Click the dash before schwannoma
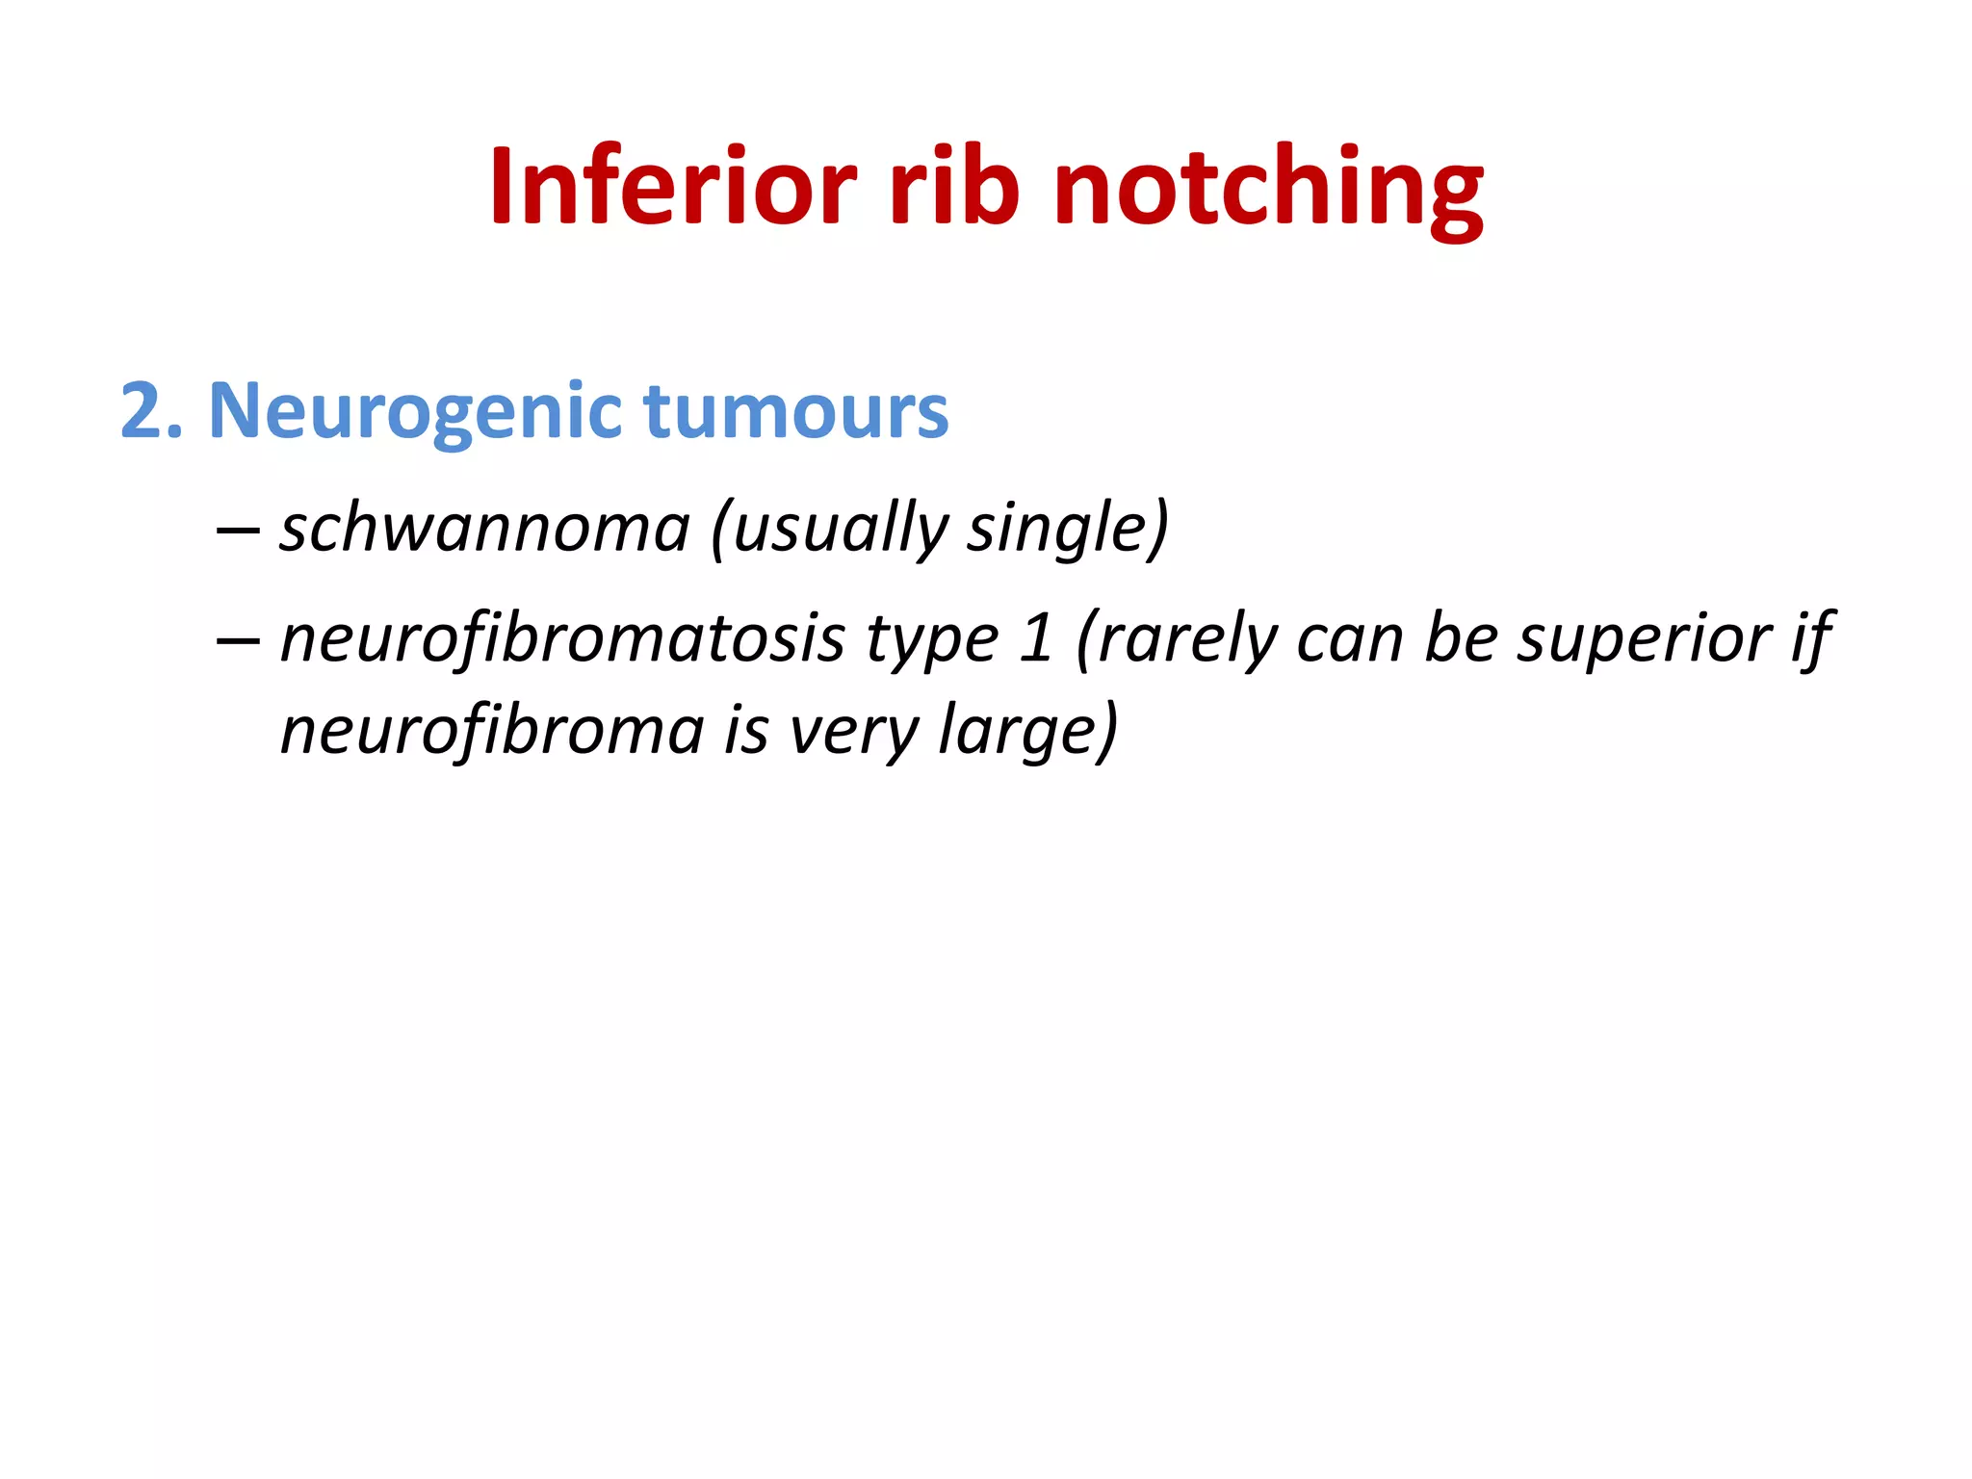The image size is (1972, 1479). [x=237, y=530]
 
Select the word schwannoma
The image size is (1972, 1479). [x=485, y=529]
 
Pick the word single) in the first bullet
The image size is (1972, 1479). [x=1068, y=529]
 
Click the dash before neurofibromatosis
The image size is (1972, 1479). [x=237, y=639]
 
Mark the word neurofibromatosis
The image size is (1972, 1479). [x=563, y=639]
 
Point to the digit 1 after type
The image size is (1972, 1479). [x=1036, y=639]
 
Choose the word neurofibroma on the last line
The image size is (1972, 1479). [x=492, y=731]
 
